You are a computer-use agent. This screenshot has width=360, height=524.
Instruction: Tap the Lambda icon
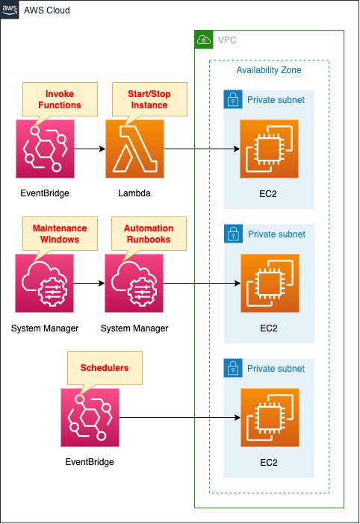(134, 149)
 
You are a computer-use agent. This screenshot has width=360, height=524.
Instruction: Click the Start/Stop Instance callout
(140, 99)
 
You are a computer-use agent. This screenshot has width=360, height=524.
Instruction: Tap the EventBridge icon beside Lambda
(45, 149)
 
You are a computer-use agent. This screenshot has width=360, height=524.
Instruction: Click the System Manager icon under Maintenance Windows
(45, 283)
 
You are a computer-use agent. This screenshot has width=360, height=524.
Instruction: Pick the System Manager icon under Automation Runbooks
(134, 283)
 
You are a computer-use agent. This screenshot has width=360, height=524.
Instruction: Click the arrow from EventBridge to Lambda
(89, 149)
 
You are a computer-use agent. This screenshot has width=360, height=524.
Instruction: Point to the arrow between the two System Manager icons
(89, 283)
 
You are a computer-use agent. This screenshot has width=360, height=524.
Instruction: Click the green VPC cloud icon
(204, 40)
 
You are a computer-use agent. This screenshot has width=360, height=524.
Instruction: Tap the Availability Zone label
(269, 70)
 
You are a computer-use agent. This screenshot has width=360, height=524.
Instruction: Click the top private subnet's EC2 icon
(269, 149)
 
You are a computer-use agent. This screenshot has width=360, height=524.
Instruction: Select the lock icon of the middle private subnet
(234, 234)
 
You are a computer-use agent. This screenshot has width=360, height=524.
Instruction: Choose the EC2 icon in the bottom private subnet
(269, 417)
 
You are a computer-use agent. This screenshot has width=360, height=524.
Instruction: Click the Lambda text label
(134, 193)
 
